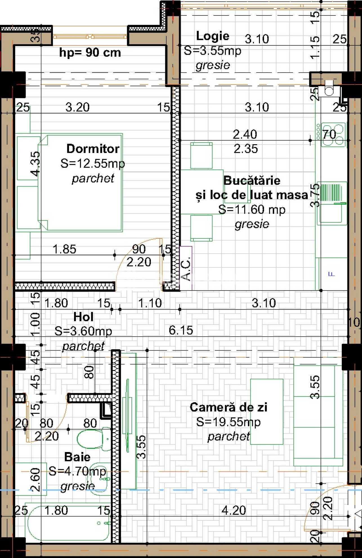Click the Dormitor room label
coord(93,149)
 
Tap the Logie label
coord(213,36)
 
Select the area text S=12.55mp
coord(93,163)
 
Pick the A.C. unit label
coord(186,268)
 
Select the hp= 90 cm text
coord(90,53)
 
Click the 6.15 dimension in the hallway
coord(181,330)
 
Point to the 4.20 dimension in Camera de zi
coord(234,510)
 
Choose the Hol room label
coord(83,317)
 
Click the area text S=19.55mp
coord(228,422)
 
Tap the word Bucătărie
coord(252,180)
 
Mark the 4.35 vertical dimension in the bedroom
coord(35,164)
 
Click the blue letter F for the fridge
coord(332,274)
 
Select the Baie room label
coord(77,457)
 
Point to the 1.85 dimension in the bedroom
coord(64,249)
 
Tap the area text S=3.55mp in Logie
coord(213,51)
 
